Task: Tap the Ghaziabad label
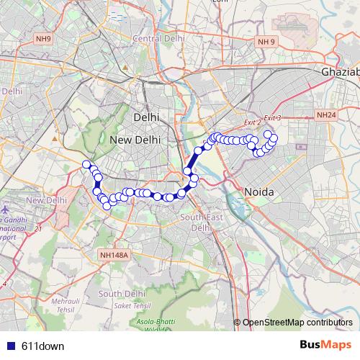point(340,73)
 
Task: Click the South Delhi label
point(122,293)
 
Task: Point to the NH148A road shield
point(114,255)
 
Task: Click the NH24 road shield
point(326,114)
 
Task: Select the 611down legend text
point(43,346)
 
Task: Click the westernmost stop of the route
point(86,164)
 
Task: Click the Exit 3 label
point(271,117)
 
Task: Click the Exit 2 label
point(251,122)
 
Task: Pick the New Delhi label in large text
point(135,140)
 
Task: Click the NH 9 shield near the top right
point(266,42)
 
